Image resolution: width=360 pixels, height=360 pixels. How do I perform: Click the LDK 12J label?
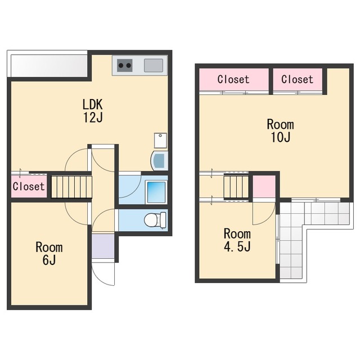(x=93, y=111)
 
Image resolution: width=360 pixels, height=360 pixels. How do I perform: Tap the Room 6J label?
(x=49, y=254)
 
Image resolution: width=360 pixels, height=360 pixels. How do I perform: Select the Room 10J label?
(x=280, y=131)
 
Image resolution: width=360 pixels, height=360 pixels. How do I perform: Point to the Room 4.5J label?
(x=237, y=240)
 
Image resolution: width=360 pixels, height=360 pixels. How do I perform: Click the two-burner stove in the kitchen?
(x=125, y=65)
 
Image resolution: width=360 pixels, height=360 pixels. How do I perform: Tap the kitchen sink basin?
(x=154, y=65)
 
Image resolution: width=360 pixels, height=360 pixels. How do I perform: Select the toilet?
(x=155, y=220)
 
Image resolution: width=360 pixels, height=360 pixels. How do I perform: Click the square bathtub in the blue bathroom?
(x=156, y=192)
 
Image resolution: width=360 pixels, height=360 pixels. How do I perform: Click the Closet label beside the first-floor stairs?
(x=29, y=186)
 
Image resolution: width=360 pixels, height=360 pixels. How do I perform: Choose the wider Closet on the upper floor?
(x=234, y=79)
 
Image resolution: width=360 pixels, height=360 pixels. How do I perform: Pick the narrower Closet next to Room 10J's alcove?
(x=298, y=79)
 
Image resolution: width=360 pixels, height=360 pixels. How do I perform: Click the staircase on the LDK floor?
(x=71, y=187)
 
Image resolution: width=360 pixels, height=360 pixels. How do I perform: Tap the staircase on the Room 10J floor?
(x=236, y=187)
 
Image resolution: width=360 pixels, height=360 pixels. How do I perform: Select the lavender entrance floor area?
(x=103, y=246)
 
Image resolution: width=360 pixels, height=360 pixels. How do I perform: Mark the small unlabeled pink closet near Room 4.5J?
(x=264, y=186)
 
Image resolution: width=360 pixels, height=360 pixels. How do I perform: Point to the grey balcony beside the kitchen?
(x=49, y=66)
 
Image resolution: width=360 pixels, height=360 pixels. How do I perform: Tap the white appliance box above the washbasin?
(x=160, y=141)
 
